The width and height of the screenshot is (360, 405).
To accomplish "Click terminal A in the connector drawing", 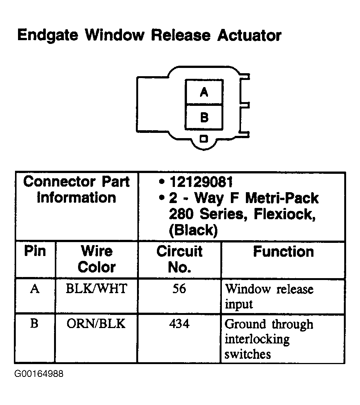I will [x=204, y=92].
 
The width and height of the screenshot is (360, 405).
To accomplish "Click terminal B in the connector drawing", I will [x=204, y=117].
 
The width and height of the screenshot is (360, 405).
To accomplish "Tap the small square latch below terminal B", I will [x=204, y=139].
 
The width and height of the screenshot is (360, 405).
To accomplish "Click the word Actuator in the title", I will [x=249, y=36].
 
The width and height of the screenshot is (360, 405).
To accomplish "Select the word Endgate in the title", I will [x=48, y=36].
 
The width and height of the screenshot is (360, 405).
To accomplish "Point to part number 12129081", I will [x=201, y=182].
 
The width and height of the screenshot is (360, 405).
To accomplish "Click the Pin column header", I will [x=35, y=251].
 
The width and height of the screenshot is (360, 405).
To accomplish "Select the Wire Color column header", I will [x=96, y=259].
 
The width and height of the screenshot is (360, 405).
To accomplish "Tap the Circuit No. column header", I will [x=179, y=259].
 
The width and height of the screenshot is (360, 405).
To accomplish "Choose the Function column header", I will [x=283, y=251].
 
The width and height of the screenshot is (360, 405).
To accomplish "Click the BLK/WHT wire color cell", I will [x=96, y=289].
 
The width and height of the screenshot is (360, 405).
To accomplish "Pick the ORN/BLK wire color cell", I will [x=96, y=324].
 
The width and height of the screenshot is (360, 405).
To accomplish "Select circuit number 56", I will [x=179, y=289].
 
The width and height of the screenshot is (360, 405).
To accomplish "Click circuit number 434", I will [x=179, y=324].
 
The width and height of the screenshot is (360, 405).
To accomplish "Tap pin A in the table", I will [x=35, y=289].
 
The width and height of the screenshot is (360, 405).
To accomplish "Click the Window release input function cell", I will [x=269, y=297].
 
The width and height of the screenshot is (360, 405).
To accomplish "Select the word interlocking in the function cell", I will [x=257, y=339].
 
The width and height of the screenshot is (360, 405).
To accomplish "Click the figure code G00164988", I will [x=39, y=374].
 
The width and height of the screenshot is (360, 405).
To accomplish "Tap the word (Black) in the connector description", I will [x=193, y=230].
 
